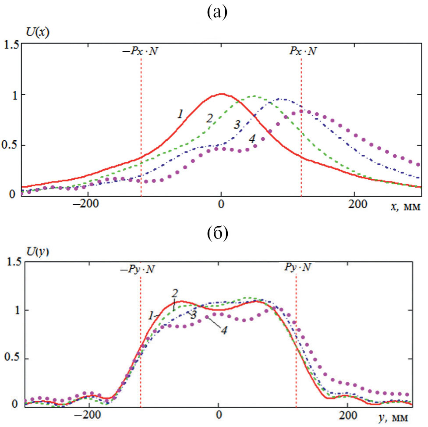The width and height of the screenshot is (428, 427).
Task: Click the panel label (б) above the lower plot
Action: coord(217,235)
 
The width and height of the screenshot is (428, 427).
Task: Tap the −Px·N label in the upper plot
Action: coord(140,51)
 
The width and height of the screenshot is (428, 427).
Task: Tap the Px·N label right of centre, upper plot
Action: coord(302,51)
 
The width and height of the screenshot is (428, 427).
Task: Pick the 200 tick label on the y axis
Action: coord(347,414)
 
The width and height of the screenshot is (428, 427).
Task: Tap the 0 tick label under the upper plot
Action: coord(221,205)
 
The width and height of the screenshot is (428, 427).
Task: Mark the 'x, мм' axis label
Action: coord(405,206)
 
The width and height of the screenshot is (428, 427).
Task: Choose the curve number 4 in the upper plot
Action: coord(251,139)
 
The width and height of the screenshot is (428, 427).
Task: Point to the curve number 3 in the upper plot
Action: coord(237,125)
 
